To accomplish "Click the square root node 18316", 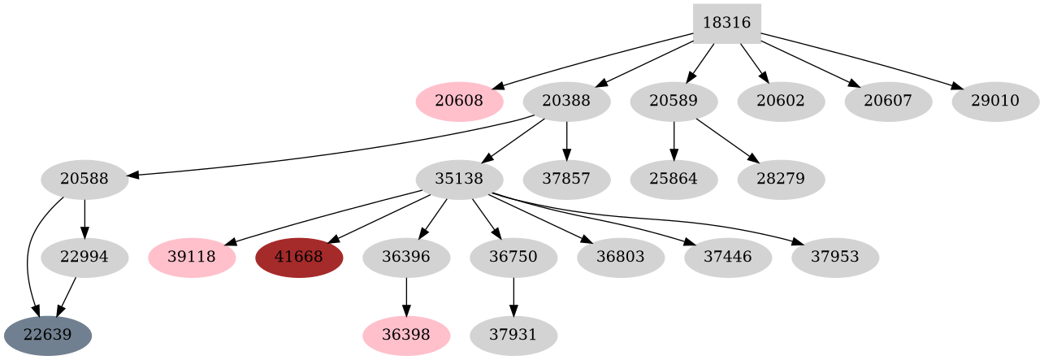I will coord(726,24).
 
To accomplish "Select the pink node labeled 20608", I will coord(459,102).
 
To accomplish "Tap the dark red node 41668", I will coord(299,258).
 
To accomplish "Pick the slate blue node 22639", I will coord(47,336).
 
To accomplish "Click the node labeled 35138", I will coord(459,180).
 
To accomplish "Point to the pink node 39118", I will coord(193,258).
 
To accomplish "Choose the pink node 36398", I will coord(406,336).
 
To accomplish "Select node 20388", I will coord(566,102).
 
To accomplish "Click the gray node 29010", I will coord(995,102).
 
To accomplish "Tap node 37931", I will coord(513,336).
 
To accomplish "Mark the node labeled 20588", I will coord(84,180).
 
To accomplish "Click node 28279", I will coord(781,180).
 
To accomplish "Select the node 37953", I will coord(835,258).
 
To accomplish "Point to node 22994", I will coord(84,258).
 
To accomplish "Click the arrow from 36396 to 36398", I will coord(406,297).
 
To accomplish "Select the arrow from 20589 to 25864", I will coord(674,140).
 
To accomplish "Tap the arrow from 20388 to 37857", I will coord(566,140).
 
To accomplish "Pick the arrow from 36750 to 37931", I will coord(513,297).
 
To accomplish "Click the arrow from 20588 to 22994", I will coord(84,218).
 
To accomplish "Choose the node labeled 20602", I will coord(781,102).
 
